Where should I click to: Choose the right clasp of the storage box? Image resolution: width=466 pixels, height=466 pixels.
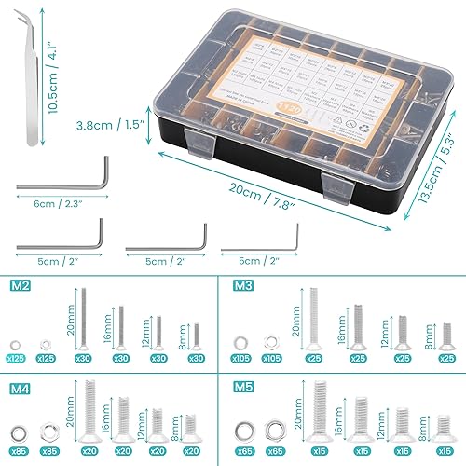pos(336,186)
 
